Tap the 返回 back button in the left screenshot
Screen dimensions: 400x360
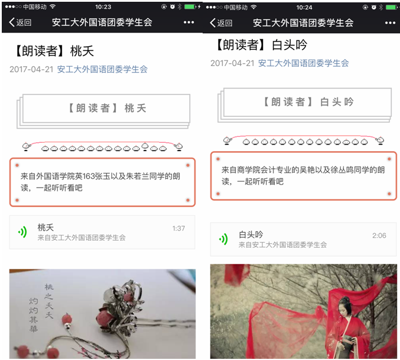point(20,22)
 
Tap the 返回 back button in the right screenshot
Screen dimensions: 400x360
point(221,23)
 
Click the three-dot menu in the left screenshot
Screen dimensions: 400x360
point(188,22)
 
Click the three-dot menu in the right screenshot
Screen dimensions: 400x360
point(390,23)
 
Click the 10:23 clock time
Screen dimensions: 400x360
point(103,7)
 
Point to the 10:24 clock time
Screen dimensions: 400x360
point(304,8)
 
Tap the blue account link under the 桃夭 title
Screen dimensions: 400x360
point(102,69)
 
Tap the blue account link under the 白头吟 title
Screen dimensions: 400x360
point(303,63)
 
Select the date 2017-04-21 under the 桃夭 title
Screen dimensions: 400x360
point(31,69)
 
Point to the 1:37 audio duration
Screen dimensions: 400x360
point(178,228)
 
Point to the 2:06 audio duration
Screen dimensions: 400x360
point(379,235)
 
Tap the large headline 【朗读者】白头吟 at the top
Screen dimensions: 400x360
point(262,45)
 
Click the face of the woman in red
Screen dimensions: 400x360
point(345,309)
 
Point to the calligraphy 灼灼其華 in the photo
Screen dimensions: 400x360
point(34,315)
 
